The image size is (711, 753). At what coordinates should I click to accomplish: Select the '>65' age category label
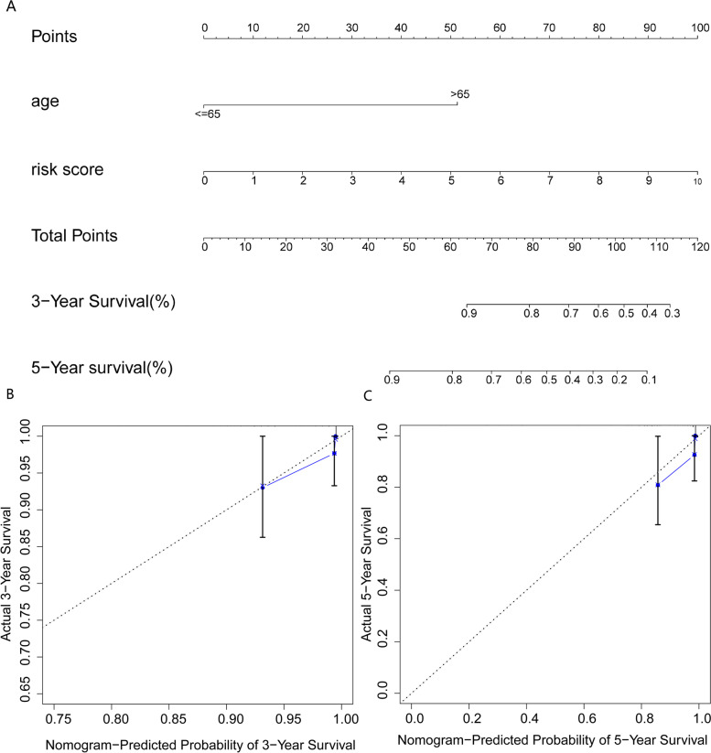click(458, 93)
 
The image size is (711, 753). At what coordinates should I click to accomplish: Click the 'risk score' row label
click(67, 169)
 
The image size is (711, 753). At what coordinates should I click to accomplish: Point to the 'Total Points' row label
click(73, 235)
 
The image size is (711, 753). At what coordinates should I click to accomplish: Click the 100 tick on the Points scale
click(700, 28)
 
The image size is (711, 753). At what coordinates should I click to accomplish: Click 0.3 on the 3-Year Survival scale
click(671, 313)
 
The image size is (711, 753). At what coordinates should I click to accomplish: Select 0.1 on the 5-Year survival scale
click(646, 379)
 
